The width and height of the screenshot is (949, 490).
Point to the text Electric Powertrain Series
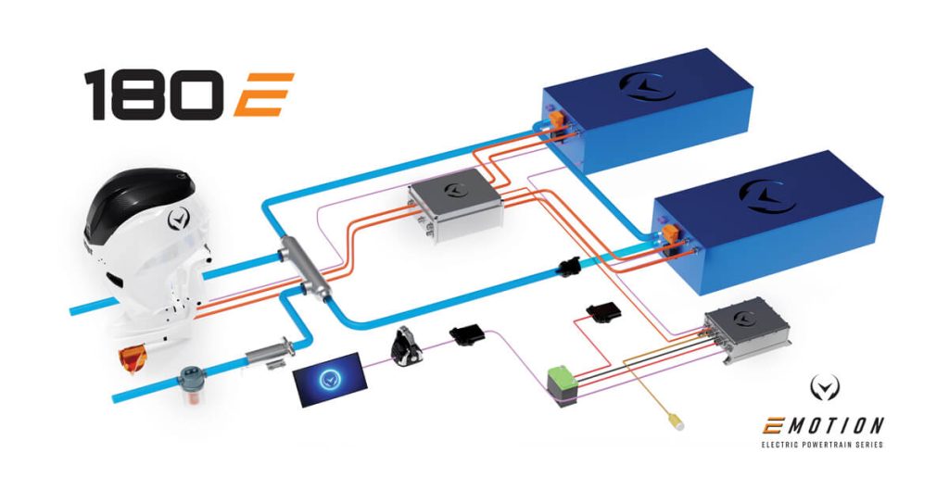coord(821,446)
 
